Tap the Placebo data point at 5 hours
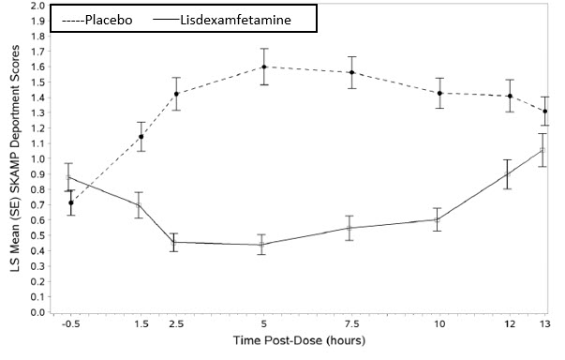tap(265, 67)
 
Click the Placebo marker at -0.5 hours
tap(70, 202)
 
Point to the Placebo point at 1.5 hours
tap(141, 137)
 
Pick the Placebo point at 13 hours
tap(544, 111)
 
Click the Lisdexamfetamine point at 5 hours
tap(265, 245)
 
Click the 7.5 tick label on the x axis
tap(350, 324)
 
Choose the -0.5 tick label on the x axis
tap(70, 324)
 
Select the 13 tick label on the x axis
tap(544, 324)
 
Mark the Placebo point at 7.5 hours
tap(350, 73)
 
